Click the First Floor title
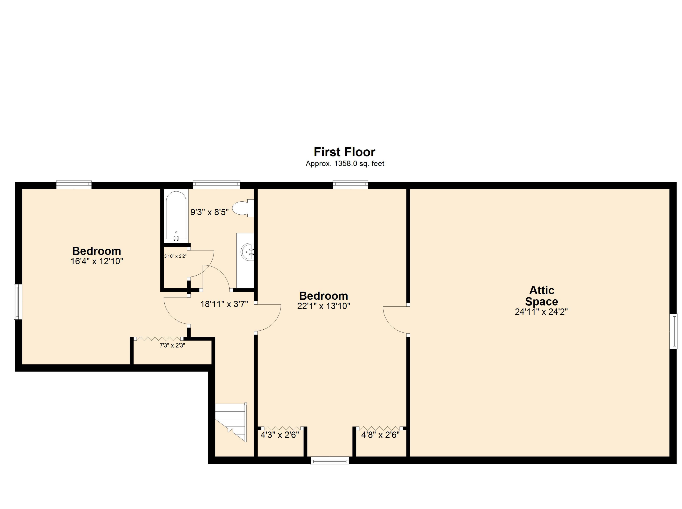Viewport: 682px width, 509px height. [344, 152]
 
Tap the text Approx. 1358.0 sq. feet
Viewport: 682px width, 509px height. [344, 164]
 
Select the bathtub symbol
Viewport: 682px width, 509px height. [176, 216]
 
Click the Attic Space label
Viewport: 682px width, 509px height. [541, 296]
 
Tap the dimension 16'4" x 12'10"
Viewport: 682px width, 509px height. [97, 261]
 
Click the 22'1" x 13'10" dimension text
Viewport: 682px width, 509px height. [323, 306]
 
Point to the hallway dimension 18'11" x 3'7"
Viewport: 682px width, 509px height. [224, 304]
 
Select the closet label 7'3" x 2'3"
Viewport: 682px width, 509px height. [172, 346]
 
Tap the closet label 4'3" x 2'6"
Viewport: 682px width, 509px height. [279, 435]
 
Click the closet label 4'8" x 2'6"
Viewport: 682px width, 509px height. [380, 435]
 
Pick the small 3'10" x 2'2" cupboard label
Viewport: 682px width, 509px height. [175, 256]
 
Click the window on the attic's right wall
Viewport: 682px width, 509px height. [673, 331]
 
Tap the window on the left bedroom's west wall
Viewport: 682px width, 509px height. [18, 302]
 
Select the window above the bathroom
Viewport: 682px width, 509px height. [216, 185]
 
